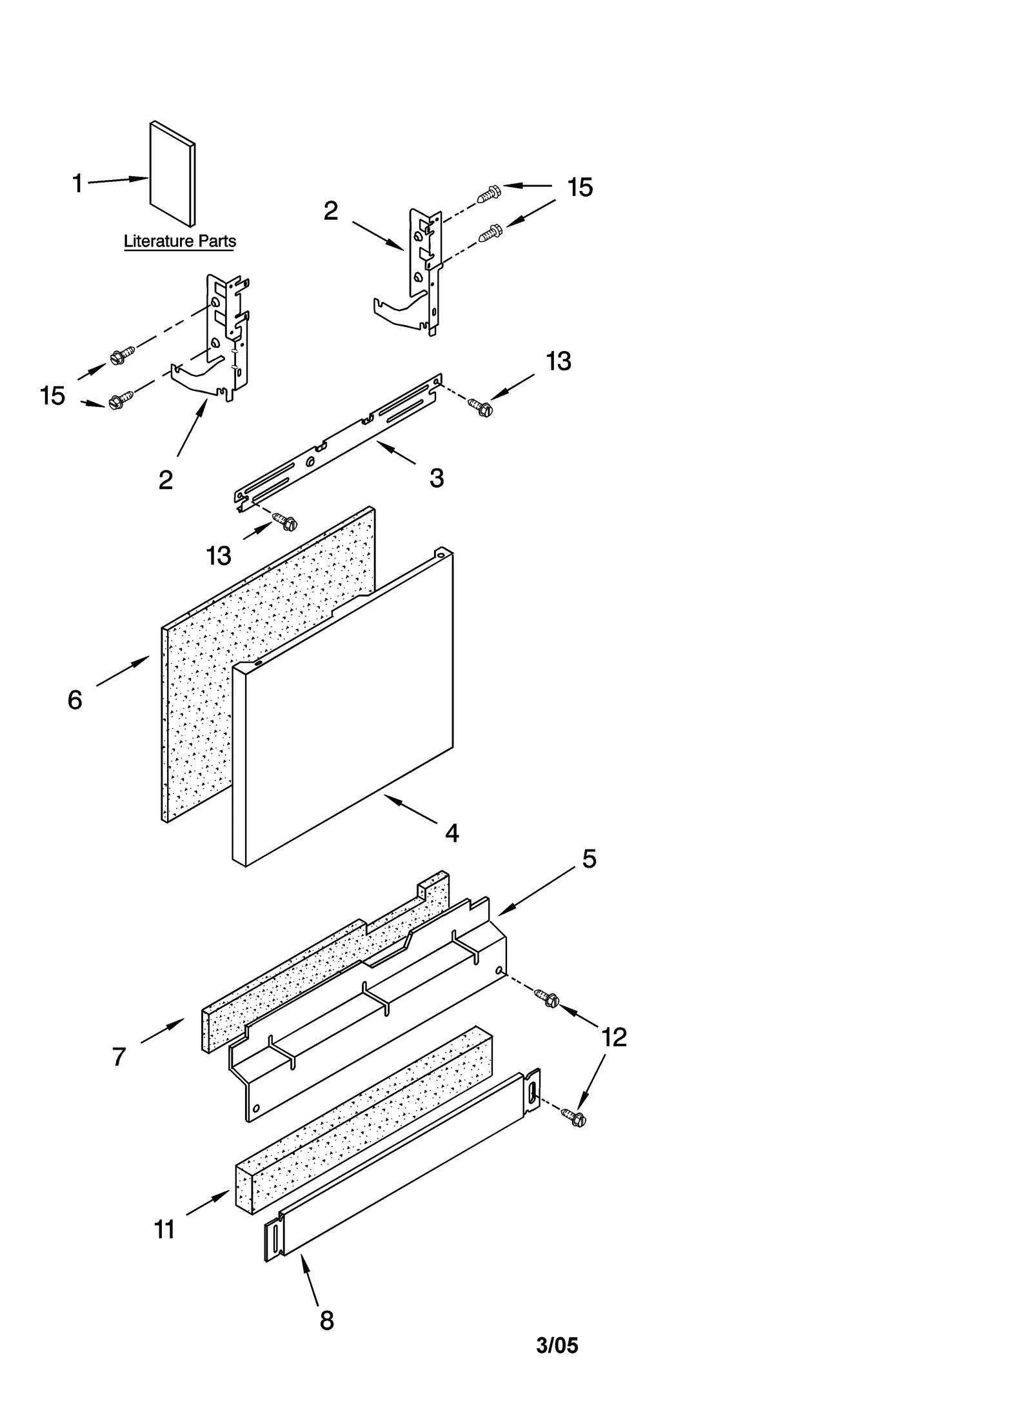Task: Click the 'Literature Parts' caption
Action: pos(179,241)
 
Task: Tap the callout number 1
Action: pos(77,184)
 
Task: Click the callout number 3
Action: pos(437,478)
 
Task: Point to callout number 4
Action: pos(452,833)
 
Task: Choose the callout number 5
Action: pos(589,859)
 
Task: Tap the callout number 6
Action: pos(75,700)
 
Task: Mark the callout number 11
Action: pos(164,1230)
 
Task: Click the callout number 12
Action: pos(613,1037)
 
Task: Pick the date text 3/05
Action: pos(557,1363)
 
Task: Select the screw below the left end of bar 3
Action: pos(286,521)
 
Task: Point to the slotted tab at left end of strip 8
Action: pos(274,1239)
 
